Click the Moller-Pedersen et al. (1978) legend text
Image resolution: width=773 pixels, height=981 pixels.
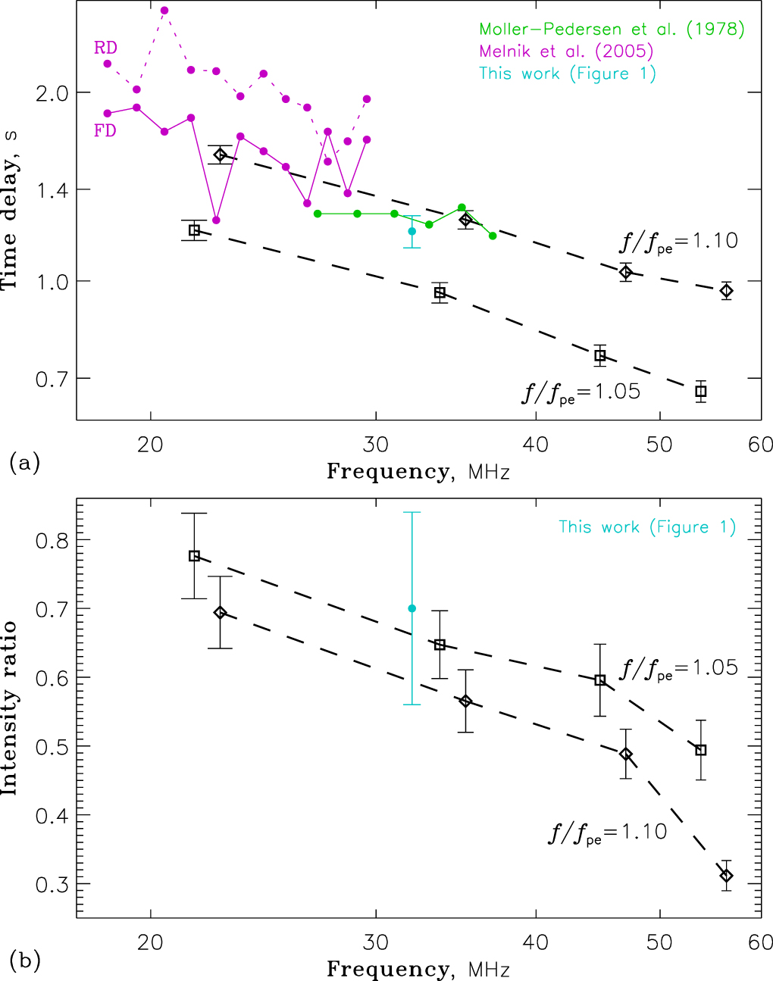pos(612,30)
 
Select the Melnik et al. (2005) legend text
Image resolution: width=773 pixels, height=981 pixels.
pos(566,52)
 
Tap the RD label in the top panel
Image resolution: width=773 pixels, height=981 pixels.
pos(105,48)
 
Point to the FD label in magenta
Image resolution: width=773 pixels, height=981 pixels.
pos(105,130)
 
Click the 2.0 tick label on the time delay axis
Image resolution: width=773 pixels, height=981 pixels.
pos(51,93)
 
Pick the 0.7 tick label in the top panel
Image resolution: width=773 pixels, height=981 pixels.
pos(51,378)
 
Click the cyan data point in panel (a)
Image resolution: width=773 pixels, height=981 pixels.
pos(412,231)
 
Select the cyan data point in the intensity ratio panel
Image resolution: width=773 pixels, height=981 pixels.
pos(412,608)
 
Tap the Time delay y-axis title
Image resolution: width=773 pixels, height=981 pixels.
pos(10,210)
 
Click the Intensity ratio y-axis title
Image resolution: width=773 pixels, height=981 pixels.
pos(10,708)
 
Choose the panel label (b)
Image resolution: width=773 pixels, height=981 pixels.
pos(24,961)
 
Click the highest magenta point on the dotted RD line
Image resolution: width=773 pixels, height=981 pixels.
pos(164,10)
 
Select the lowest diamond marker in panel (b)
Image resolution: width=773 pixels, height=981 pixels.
pos(726,876)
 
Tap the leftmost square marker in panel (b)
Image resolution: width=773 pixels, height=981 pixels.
pos(194,556)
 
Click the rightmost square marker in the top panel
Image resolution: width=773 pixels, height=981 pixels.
pos(701,392)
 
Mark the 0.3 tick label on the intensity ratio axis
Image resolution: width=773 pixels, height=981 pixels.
pos(51,884)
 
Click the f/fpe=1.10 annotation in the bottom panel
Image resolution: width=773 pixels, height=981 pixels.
pos(608,833)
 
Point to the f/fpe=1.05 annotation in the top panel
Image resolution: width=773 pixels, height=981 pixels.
pos(581,392)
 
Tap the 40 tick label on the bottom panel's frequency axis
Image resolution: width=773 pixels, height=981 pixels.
pos(536,942)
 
